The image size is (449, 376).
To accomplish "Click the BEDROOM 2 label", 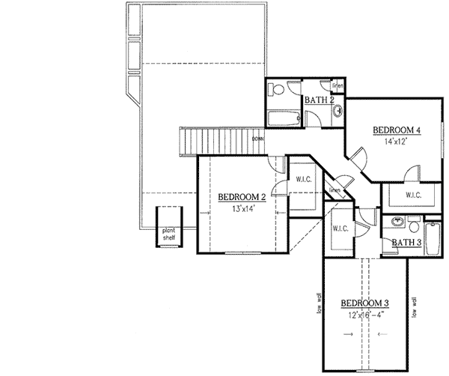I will click(242, 198).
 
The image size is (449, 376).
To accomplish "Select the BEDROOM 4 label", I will click(397, 130).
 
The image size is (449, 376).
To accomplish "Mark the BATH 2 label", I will click(319, 100).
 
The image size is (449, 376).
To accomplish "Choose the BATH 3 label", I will click(407, 243).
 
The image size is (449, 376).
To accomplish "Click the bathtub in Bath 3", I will click(433, 241).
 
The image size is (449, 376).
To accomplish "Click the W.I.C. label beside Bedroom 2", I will click(303, 179).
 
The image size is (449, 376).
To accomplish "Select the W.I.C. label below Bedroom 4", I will click(414, 195).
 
